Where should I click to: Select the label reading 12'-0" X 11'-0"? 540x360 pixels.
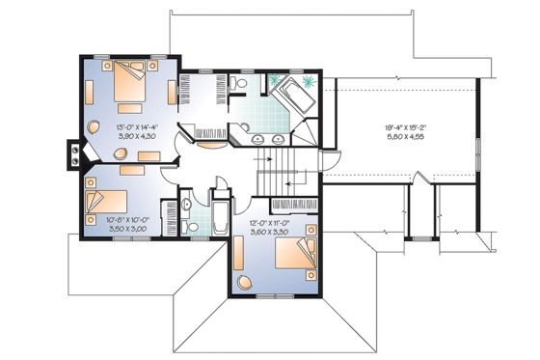(x=271, y=223)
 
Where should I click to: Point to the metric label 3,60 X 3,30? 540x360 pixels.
(x=271, y=233)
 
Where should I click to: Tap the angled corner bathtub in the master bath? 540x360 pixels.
(x=293, y=97)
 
